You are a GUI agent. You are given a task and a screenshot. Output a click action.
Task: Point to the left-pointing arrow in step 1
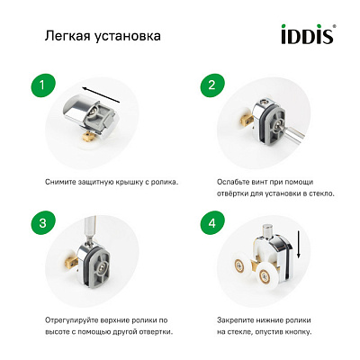(98, 90)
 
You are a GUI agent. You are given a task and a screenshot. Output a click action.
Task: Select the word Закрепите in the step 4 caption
(238, 319)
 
